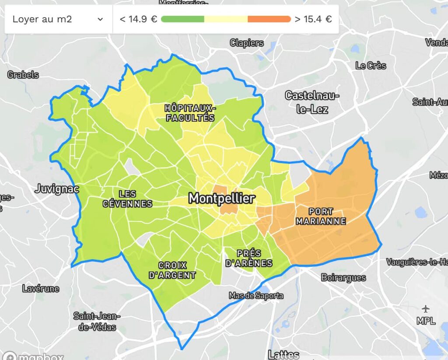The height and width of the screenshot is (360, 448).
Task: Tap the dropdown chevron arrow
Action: point(100,19)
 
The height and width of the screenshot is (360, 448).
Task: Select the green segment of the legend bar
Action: point(182,19)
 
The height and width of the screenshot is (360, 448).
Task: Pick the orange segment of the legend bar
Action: point(269,19)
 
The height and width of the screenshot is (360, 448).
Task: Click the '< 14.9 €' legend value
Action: point(138,19)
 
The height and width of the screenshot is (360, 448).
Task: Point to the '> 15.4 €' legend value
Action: point(313,19)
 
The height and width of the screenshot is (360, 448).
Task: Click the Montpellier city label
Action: point(221,199)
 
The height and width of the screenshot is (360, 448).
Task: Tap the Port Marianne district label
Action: point(321,217)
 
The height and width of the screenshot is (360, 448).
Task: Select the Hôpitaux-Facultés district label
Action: point(189,113)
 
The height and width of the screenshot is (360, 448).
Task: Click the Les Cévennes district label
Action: point(127,199)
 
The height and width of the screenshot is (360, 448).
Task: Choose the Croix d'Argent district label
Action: point(172,270)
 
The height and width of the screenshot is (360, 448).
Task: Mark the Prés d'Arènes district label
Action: point(248,258)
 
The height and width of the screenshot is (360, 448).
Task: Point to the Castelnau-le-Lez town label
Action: point(312,102)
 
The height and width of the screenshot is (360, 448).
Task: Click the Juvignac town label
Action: point(57,189)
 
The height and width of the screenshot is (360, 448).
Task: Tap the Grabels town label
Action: point(23,75)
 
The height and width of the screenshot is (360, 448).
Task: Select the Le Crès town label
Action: point(371,66)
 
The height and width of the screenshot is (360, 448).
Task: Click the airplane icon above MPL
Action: point(426,310)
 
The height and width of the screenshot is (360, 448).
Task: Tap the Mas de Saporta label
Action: point(256,296)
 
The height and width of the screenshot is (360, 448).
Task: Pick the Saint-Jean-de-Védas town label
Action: point(97,322)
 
